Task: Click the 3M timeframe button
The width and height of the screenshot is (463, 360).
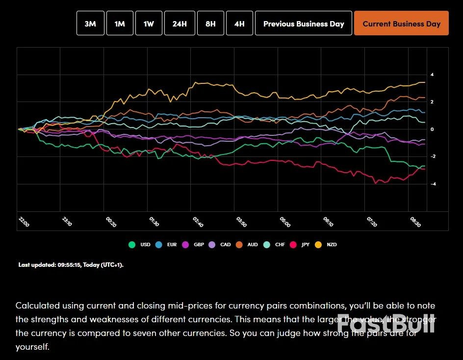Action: [x=90, y=24]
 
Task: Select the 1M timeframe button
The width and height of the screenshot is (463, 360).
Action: [x=120, y=24]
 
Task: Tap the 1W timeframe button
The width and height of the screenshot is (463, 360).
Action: [x=148, y=24]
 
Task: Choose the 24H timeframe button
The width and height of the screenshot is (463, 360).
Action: [x=180, y=24]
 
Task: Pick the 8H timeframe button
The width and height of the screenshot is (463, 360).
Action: [x=210, y=24]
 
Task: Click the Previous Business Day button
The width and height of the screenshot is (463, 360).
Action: [x=304, y=24]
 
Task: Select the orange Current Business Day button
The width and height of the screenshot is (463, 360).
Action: [x=401, y=24]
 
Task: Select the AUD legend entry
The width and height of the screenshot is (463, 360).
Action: [x=248, y=244]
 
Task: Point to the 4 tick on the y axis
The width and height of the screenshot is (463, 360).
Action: [x=432, y=75]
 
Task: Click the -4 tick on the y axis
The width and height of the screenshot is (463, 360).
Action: [x=433, y=184]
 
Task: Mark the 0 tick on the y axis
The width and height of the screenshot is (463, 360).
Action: [x=432, y=129]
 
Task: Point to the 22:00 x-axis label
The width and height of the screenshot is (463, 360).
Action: [x=24, y=222]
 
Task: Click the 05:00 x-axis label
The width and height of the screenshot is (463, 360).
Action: [x=284, y=222]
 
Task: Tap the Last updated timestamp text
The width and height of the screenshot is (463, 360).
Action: [x=71, y=265]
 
